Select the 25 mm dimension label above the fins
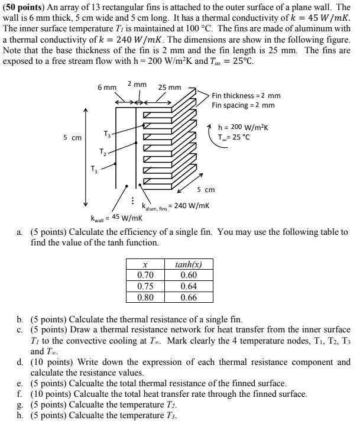click(170, 88)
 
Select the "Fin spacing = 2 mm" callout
click(243, 105)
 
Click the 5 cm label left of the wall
click(73, 138)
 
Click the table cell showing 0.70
click(145, 276)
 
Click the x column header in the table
click(145, 266)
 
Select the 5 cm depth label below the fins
click(208, 190)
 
